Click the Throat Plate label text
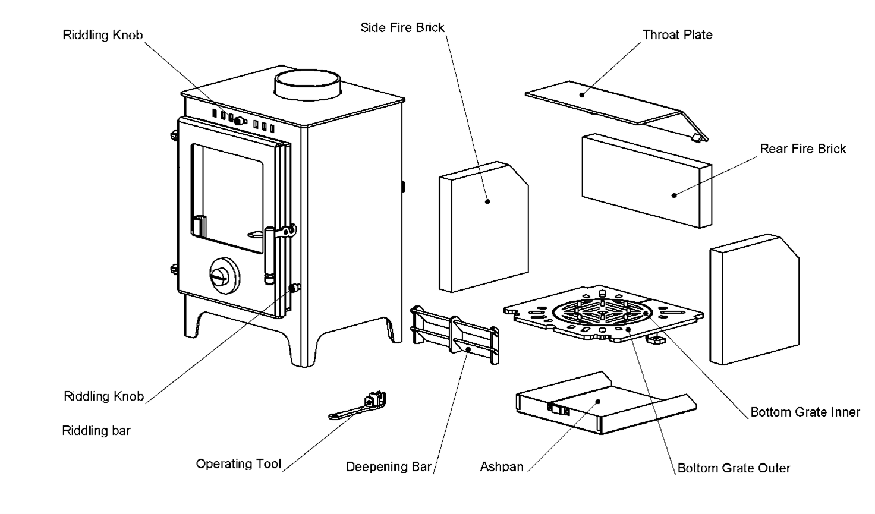coord(677,34)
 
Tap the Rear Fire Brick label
coord(802,149)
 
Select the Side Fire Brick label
coord(402,27)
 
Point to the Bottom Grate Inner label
coord(805,412)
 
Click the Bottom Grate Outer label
coord(734,468)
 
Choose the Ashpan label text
coord(502,467)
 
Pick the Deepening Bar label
coord(388,467)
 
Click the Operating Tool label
coord(238,463)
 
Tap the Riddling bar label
coord(96,430)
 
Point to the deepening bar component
coord(455,335)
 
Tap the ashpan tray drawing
coord(594,404)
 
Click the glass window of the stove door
coord(226,196)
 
